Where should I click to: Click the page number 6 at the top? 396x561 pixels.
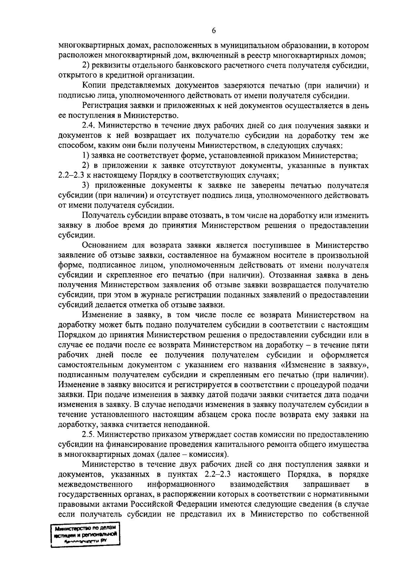click(214, 30)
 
